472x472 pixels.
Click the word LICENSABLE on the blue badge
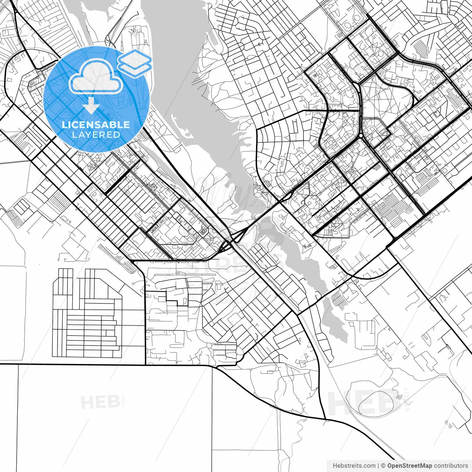[96, 125]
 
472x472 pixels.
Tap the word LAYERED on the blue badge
[96, 135]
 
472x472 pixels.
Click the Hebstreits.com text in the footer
[354, 466]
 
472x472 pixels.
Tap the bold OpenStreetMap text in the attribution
[409, 466]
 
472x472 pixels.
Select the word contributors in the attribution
[451, 466]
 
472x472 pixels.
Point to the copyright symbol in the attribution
[383, 466]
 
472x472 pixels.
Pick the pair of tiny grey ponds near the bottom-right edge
[448, 424]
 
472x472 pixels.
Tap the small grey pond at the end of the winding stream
[398, 397]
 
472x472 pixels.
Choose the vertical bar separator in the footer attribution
[379, 466]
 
